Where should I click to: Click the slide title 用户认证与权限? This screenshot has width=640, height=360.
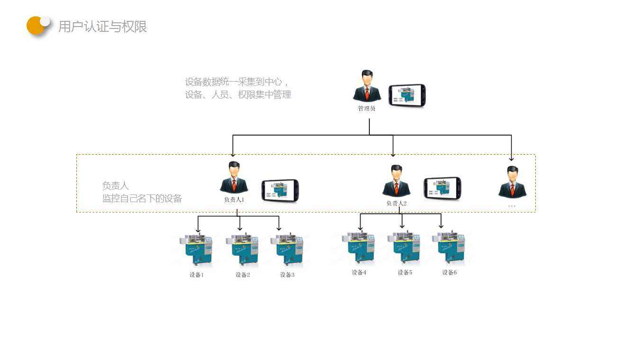(102, 27)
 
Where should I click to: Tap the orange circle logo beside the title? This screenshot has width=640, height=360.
(37, 26)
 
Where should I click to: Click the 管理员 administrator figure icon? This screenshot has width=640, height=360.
(366, 86)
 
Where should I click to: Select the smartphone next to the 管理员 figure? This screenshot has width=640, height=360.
(407, 95)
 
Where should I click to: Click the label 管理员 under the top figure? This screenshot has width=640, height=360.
(366, 109)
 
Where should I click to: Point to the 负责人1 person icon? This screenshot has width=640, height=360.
(234, 178)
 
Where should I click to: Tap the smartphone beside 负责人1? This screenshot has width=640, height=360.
(280, 190)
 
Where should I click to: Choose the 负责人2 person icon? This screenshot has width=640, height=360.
(396, 181)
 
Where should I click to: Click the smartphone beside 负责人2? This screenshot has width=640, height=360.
(442, 188)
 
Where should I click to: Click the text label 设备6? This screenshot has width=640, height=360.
(449, 273)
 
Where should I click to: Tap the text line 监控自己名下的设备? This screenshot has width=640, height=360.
(142, 198)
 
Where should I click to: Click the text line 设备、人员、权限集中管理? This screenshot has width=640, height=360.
(238, 95)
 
